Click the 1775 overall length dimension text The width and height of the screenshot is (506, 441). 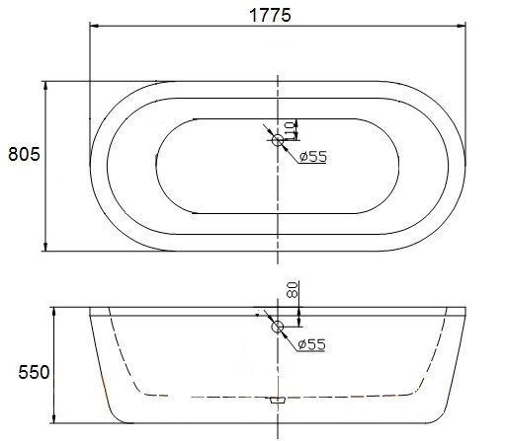[x=270, y=15]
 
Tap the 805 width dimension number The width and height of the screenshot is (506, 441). [x=24, y=154]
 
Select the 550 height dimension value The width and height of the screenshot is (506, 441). [x=34, y=372]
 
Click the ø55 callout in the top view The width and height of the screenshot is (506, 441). [x=313, y=157]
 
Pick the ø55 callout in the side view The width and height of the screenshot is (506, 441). [x=311, y=344]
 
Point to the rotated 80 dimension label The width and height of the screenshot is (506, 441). [x=293, y=289]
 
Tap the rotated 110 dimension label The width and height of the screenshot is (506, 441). [x=291, y=129]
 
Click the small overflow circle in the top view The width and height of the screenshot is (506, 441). [x=278, y=140]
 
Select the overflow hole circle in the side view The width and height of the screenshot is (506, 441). [x=278, y=327]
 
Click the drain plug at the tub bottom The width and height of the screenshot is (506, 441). [x=278, y=400]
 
